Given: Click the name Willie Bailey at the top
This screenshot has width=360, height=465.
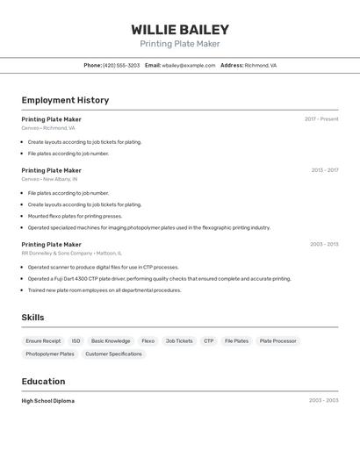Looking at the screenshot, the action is pyautogui.click(x=180, y=29).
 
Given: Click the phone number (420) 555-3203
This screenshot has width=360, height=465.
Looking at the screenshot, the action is pyautogui.click(x=121, y=65).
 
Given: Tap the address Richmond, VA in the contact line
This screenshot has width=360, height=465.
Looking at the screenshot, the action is pyautogui.click(x=261, y=65).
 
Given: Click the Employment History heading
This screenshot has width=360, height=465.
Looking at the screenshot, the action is pyautogui.click(x=65, y=100).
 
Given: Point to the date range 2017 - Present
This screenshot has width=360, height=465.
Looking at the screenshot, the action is pyautogui.click(x=321, y=119).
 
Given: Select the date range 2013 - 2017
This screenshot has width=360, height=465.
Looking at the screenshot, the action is pyautogui.click(x=324, y=170).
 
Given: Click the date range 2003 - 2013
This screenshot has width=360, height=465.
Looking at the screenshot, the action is pyautogui.click(x=324, y=244).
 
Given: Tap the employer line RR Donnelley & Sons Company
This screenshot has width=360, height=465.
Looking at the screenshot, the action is pyautogui.click(x=69, y=253).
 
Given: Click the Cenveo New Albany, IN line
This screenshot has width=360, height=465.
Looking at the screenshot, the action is pyautogui.click(x=49, y=179).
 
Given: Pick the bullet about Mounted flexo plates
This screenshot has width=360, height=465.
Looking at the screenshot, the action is pyautogui.click(x=75, y=216).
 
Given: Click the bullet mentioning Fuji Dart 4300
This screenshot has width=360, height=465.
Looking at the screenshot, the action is pyautogui.click(x=159, y=279).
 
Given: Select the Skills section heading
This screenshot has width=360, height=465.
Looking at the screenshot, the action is pyautogui.click(x=32, y=318).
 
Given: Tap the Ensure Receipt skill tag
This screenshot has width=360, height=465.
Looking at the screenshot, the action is pyautogui.click(x=43, y=340).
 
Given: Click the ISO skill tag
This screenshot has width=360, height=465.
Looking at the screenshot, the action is pyautogui.click(x=76, y=340).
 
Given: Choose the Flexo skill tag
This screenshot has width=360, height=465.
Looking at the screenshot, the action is pyautogui.click(x=148, y=340).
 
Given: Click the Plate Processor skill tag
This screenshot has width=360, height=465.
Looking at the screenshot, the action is pyautogui.click(x=277, y=340).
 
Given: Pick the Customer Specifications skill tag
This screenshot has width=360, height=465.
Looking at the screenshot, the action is pyautogui.click(x=113, y=354).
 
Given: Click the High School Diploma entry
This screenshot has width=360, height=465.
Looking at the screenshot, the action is pyautogui.click(x=47, y=401).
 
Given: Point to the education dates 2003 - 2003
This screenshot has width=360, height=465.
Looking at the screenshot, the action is pyautogui.click(x=324, y=400).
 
